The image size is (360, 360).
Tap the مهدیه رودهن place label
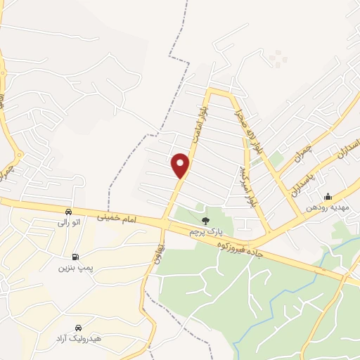(x=328, y=208)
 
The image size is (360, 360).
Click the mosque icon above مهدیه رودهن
(x=328, y=197)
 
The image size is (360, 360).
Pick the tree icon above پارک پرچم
(x=205, y=220)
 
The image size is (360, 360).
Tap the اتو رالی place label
(x=69, y=223)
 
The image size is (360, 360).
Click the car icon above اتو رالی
(x=68, y=212)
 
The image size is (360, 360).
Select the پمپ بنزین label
(x=75, y=268)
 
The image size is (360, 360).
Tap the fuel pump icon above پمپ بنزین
(x=75, y=257)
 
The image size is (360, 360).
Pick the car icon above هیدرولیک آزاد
(x=78, y=328)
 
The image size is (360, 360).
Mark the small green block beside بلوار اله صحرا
(x=277, y=160)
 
